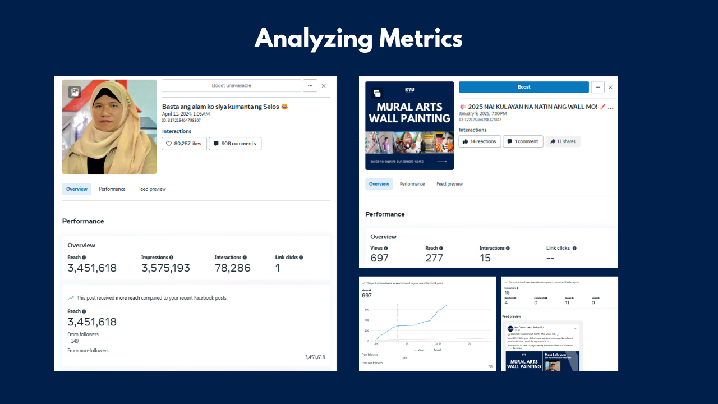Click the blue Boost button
pos(523,87)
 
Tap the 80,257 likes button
pos(184,144)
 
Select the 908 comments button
pos(234,144)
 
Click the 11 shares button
pos(563,141)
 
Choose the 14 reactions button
pos(480,141)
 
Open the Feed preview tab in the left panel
pos(152,189)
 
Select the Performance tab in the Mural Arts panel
pos(412,184)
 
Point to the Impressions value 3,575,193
pos(165,268)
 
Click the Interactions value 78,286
pos(232,268)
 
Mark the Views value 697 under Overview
pos(379,258)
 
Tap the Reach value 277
pos(434,258)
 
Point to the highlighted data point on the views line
pos(397,326)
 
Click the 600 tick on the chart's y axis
pos(367,310)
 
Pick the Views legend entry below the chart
pos(419,350)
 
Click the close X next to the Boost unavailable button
pos(324,86)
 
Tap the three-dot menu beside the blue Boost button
pos(597,87)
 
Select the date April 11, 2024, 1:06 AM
pos(186,113)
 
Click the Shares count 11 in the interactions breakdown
pos(567,302)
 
